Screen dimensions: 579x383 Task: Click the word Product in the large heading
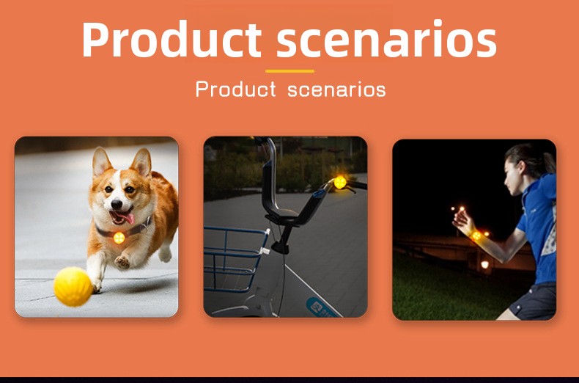pos(172,39)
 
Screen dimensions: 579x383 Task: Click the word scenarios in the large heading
pos(387,38)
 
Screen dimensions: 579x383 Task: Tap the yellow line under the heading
pos(290,71)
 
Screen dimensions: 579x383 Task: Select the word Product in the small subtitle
pos(235,89)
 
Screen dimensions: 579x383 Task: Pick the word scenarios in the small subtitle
pos(336,90)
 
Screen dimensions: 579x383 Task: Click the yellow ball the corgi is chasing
pos(73,286)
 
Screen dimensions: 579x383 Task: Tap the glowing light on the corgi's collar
pos(119,238)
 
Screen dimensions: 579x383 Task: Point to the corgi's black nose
pos(117,204)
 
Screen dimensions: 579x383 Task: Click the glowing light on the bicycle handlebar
pos(340,182)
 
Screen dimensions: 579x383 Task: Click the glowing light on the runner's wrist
pos(476,236)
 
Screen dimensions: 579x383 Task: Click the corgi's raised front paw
pos(122,262)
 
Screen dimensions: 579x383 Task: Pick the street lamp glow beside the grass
pos(485,265)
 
